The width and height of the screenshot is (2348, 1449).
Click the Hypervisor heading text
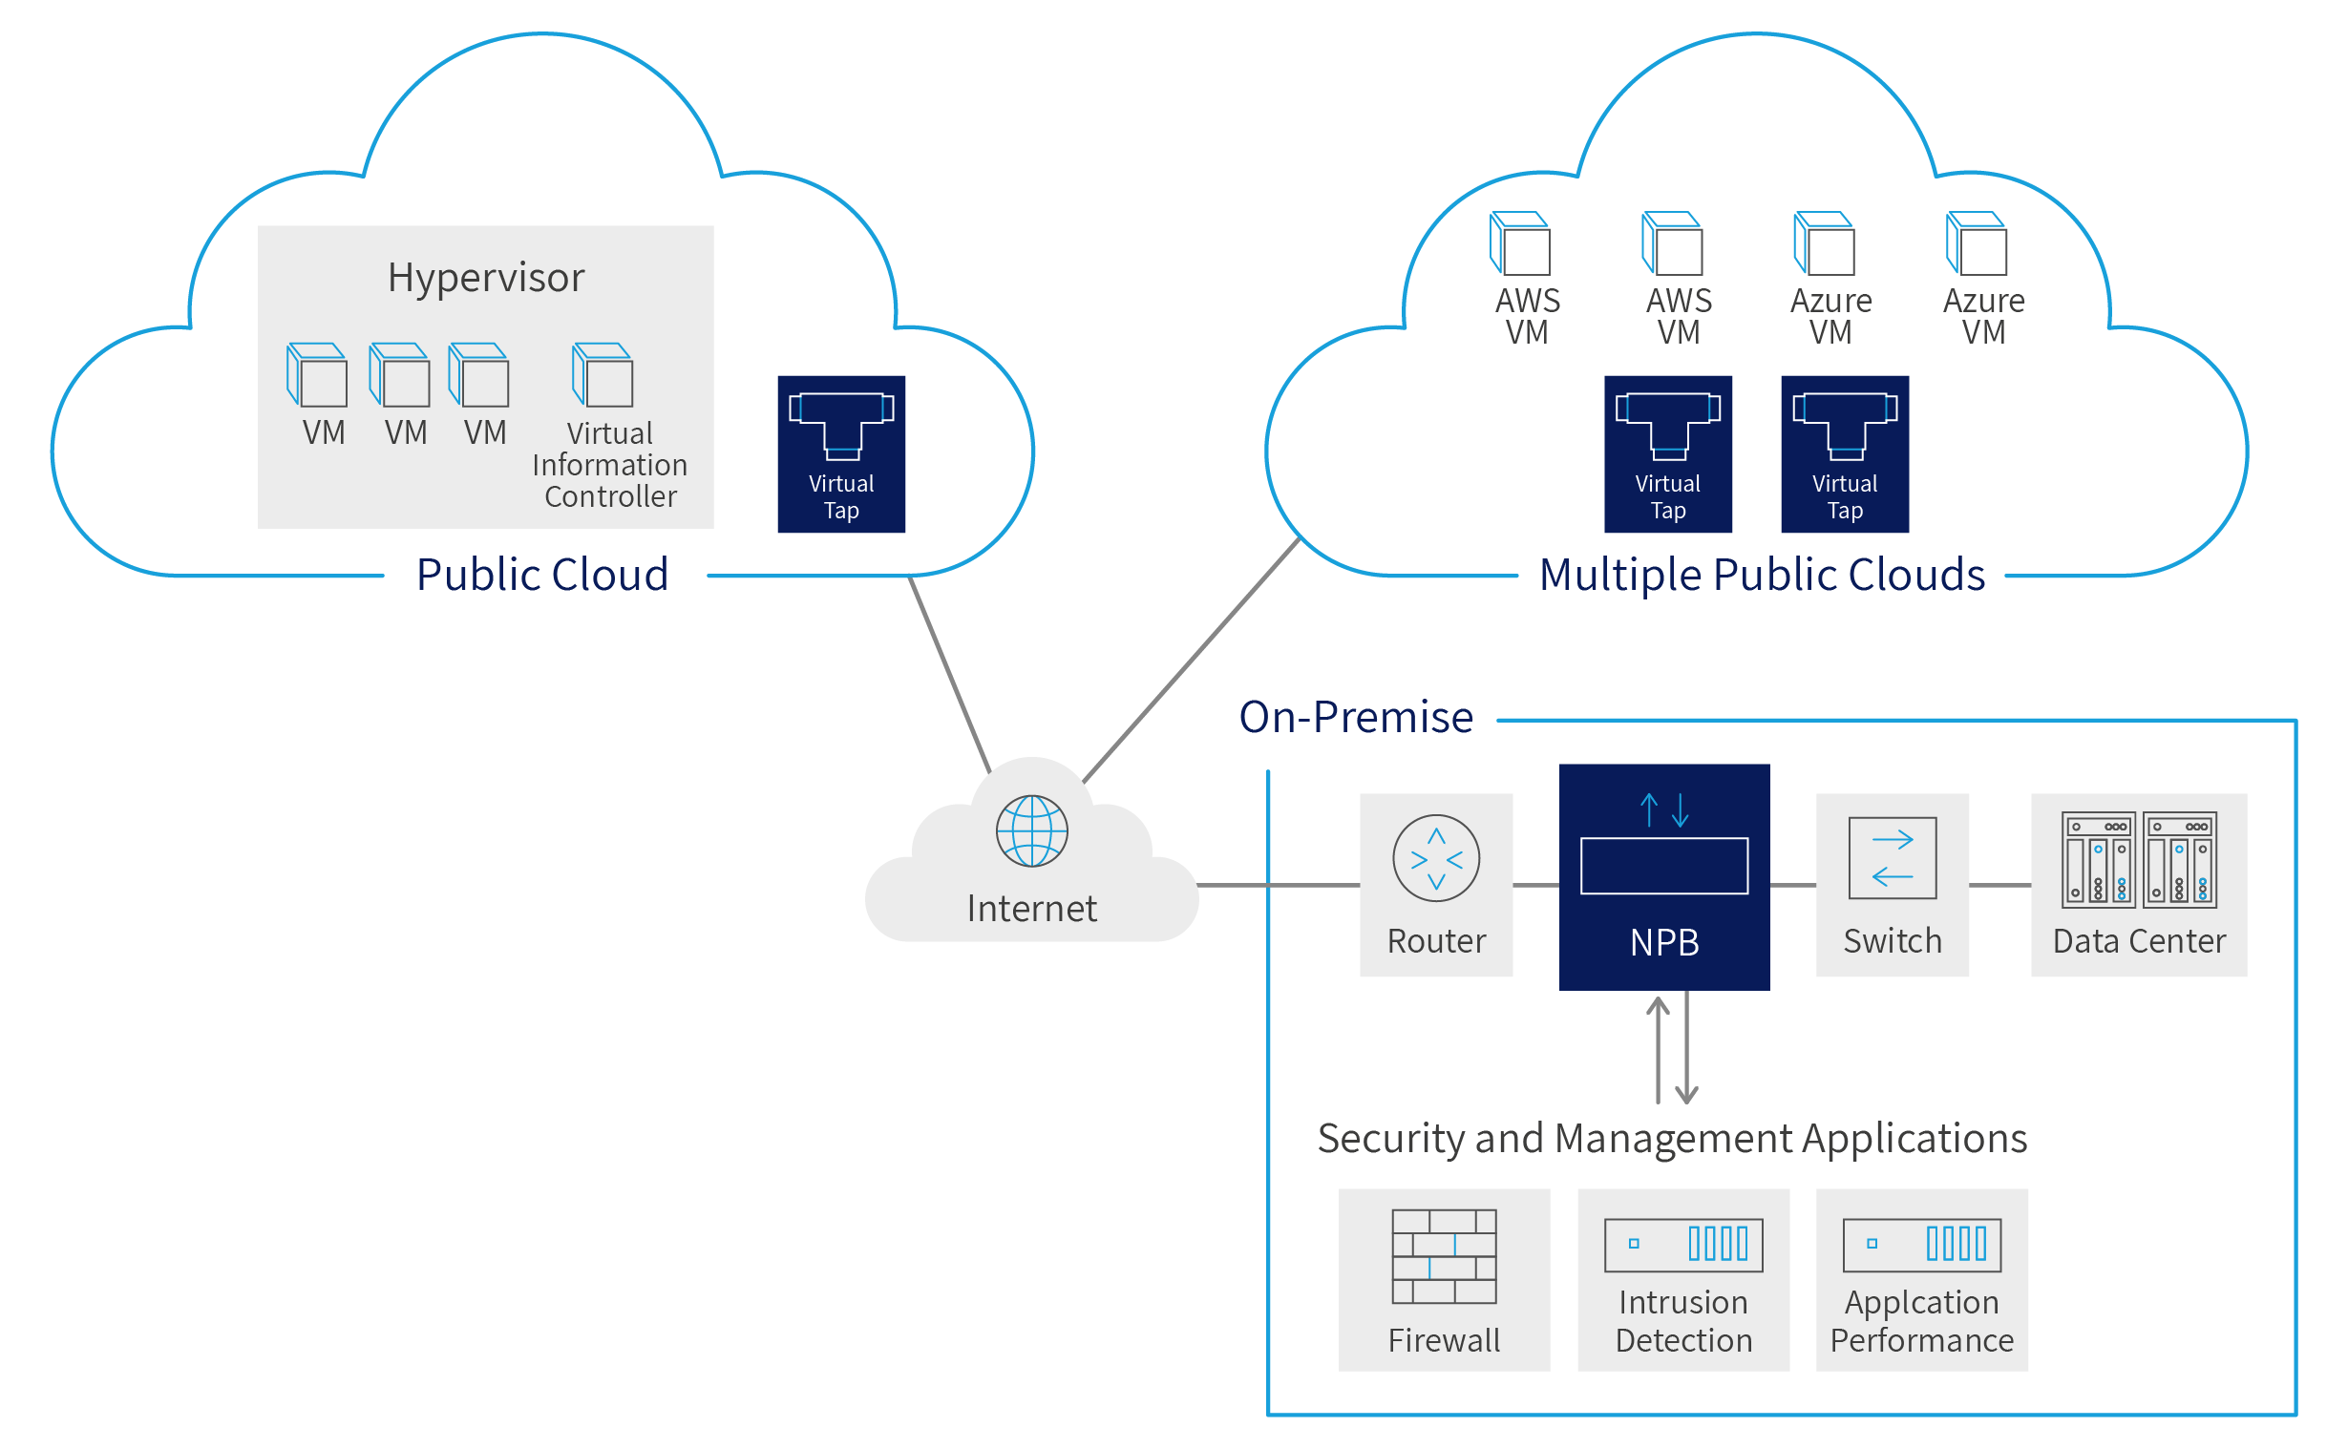[486, 278]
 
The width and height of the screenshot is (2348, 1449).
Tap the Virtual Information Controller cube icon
[603, 376]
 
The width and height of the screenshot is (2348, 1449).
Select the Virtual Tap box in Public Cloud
[841, 454]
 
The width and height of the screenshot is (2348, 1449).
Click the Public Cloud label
[542, 575]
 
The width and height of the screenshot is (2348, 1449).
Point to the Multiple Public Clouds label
[1762, 575]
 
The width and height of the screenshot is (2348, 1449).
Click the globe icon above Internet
[1032, 830]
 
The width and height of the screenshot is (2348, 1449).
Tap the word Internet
[1032, 909]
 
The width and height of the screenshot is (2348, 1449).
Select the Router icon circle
[1436, 859]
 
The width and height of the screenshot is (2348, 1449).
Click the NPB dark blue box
[1663, 877]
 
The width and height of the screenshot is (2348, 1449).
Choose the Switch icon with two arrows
[1892, 858]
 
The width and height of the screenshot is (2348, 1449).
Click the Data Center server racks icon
[2139, 860]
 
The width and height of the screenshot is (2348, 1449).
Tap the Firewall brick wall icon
[1445, 1256]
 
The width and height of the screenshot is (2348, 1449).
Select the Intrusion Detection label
[1682, 1320]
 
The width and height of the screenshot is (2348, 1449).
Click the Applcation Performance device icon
[1921, 1245]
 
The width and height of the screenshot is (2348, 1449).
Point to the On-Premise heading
[1356, 718]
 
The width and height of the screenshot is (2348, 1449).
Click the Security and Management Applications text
[1671, 1139]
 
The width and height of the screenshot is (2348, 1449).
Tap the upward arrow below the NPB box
[1658, 1049]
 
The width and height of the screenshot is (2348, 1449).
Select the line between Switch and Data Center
[1999, 885]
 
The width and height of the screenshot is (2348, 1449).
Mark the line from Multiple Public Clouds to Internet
[1192, 661]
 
